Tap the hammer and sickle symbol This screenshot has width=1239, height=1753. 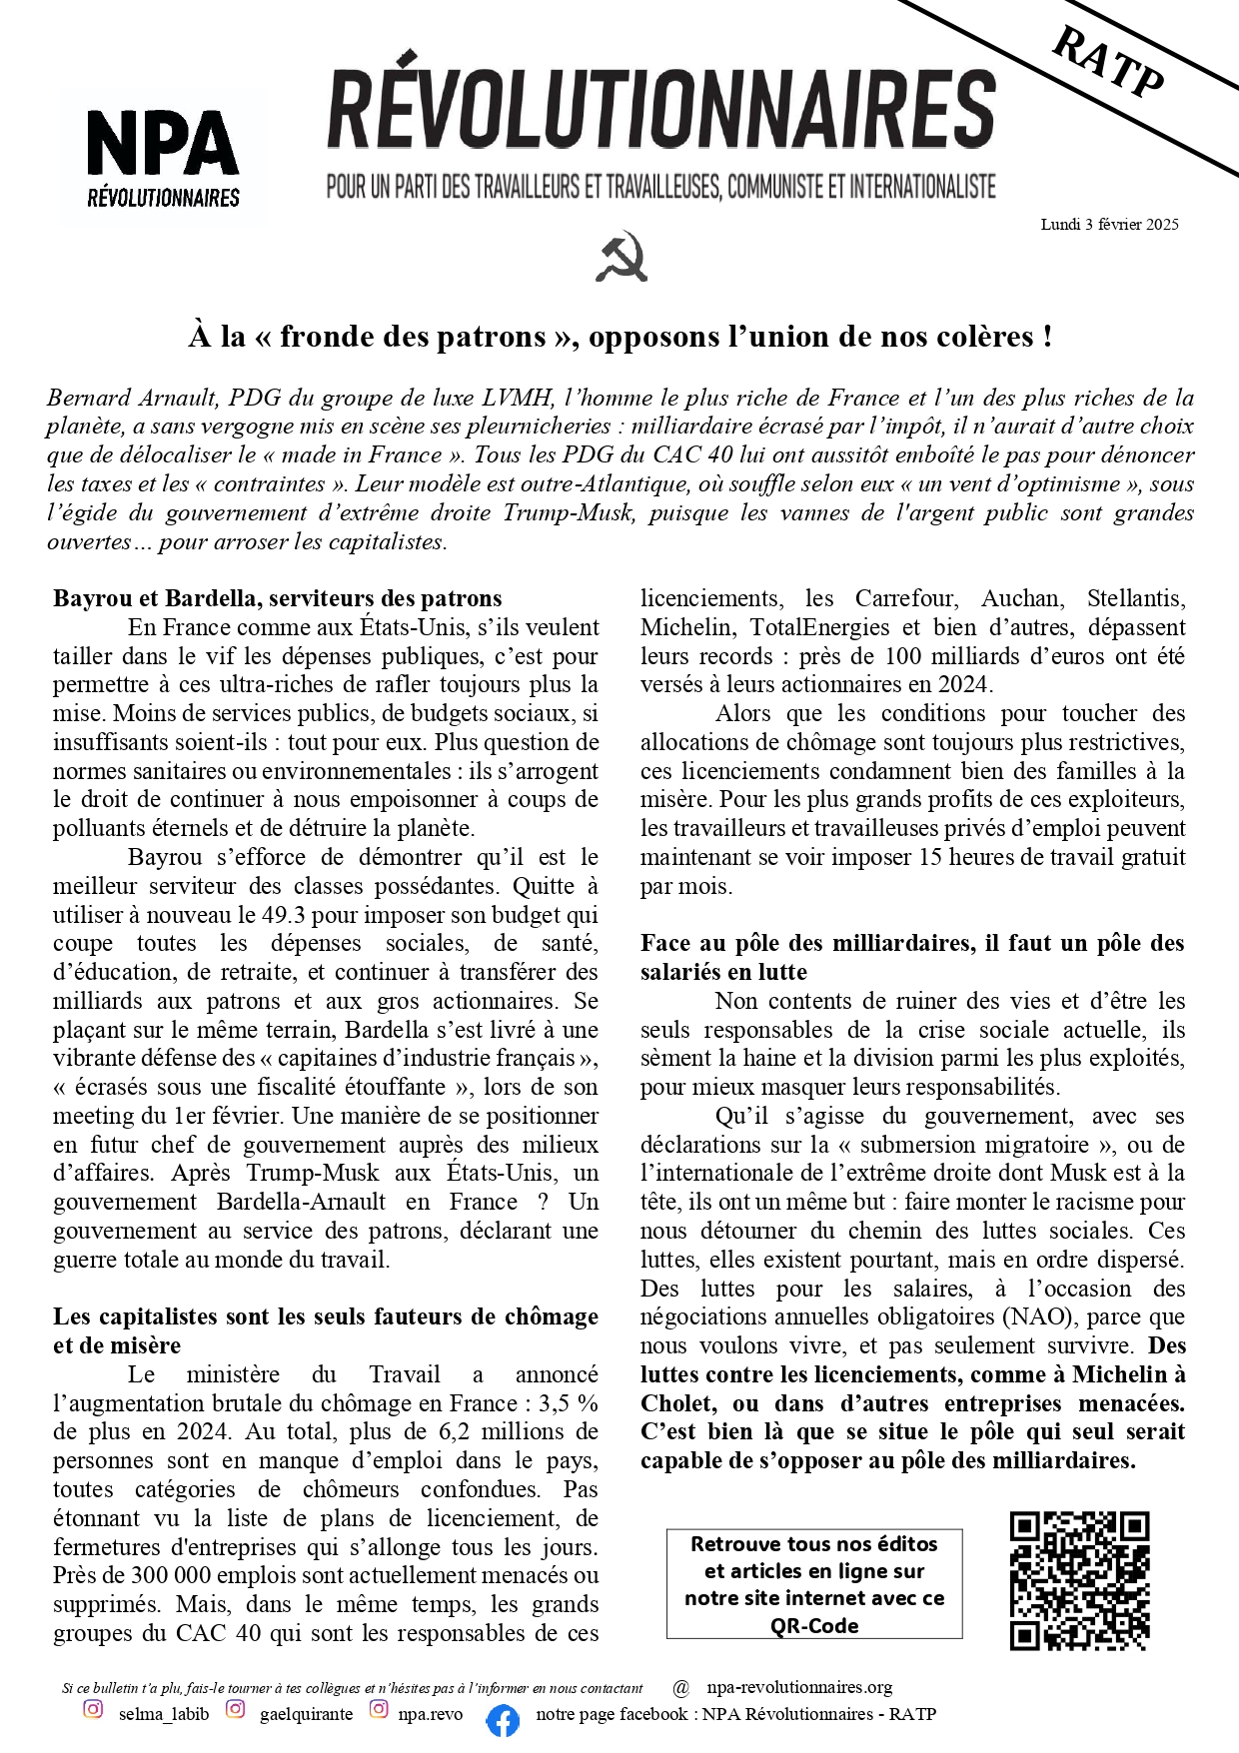click(621, 257)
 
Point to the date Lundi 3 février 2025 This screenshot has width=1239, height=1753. click(1109, 225)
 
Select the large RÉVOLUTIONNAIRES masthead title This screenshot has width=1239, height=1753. click(661, 110)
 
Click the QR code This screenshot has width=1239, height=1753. click(1079, 1580)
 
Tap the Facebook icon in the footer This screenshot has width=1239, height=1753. click(503, 1721)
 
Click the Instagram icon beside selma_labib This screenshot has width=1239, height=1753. click(93, 1709)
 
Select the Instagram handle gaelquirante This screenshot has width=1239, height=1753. click(306, 1714)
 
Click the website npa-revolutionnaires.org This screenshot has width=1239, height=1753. click(799, 1687)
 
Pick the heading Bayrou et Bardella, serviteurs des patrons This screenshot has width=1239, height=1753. click(278, 599)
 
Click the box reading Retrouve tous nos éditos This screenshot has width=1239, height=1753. click(814, 1584)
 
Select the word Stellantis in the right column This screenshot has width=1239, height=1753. click(1136, 599)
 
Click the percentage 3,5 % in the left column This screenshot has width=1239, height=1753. click(570, 1403)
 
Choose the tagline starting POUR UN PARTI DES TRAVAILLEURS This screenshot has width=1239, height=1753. click(661, 187)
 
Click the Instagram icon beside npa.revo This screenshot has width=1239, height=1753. click(379, 1709)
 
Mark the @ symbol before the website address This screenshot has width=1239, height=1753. click(681, 1688)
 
